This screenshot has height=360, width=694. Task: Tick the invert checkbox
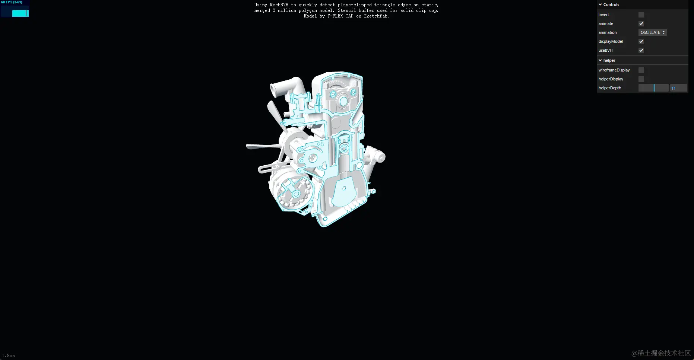(x=641, y=15)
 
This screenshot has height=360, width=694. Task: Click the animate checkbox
(x=641, y=23)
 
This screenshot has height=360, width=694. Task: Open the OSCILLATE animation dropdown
(x=653, y=32)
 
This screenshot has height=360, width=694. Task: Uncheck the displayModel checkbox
(x=641, y=41)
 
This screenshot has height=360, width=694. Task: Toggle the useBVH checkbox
(x=641, y=50)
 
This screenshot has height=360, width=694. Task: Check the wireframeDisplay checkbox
(x=641, y=70)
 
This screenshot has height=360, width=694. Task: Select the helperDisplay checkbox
(x=641, y=79)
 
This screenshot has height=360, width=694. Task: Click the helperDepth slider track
(x=653, y=88)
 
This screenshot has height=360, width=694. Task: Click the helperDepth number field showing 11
(x=678, y=88)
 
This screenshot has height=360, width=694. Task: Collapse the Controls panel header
(x=611, y=4)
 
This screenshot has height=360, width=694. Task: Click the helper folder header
(x=609, y=60)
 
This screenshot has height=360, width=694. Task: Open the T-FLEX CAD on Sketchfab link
(x=357, y=16)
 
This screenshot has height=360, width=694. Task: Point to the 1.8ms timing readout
(x=9, y=356)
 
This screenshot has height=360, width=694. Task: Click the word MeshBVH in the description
(x=279, y=5)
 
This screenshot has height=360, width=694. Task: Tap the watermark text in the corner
(x=661, y=353)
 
